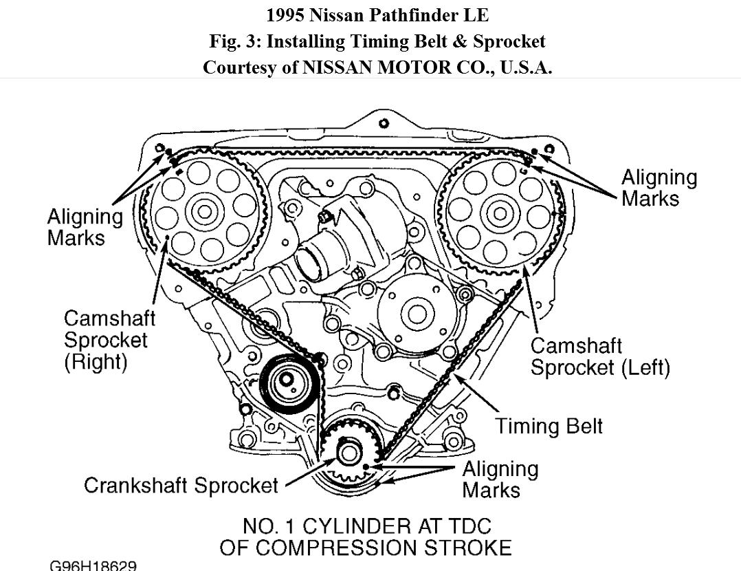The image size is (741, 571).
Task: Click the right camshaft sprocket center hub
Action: (204, 212)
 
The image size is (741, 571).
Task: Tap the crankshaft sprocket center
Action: (349, 455)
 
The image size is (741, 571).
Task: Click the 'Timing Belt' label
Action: (549, 426)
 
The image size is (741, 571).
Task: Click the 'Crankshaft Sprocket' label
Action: (181, 485)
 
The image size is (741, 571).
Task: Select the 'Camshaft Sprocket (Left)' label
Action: (599, 356)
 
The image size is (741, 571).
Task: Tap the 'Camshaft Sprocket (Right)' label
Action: (109, 340)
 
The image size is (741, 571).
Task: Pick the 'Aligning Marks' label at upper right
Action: (659, 188)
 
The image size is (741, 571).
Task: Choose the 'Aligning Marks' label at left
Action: (85, 227)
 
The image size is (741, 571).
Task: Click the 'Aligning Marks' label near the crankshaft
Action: (500, 480)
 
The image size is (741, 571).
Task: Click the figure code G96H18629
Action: (93, 565)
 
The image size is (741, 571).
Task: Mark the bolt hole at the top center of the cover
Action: (383, 124)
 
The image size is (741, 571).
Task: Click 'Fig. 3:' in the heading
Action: (235, 41)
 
